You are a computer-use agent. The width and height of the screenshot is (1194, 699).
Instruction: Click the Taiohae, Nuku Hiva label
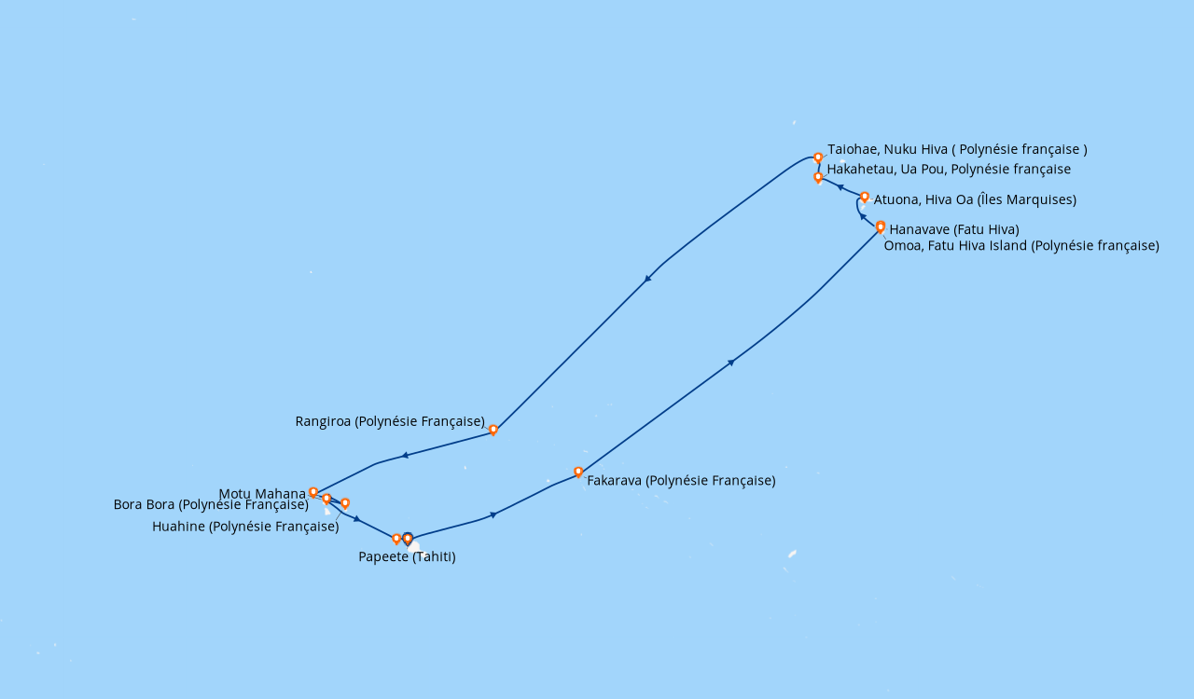[x=957, y=149]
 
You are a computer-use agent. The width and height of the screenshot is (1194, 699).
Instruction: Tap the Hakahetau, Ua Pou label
[x=949, y=170]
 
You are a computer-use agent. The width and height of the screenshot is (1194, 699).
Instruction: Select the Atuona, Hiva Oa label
[x=975, y=199]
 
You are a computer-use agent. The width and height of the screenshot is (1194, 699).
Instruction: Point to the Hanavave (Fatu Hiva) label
[x=954, y=229]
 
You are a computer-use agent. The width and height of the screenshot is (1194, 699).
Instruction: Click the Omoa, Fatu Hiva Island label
[x=1021, y=246]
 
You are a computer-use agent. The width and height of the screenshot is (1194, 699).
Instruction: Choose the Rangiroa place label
[x=390, y=421]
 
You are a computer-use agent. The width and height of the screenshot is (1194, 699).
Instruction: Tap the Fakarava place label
[x=681, y=481]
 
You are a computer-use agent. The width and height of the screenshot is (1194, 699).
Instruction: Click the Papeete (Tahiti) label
[x=407, y=557]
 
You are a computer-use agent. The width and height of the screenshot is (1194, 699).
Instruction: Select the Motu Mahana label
[x=262, y=494]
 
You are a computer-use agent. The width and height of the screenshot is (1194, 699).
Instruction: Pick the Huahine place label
[x=245, y=527]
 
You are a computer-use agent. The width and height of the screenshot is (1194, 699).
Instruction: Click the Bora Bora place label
[x=211, y=505]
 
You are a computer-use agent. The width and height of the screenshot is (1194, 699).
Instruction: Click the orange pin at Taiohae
[x=818, y=158]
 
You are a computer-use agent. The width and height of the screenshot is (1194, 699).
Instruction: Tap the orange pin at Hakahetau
[x=818, y=177]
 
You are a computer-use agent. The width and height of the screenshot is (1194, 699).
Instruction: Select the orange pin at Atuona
[x=865, y=197]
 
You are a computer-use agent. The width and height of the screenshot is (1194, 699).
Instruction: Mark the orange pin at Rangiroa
[x=493, y=430]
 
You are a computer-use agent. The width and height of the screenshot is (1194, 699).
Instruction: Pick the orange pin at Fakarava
[x=578, y=472]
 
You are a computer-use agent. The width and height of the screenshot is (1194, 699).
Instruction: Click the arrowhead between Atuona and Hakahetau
[x=840, y=187]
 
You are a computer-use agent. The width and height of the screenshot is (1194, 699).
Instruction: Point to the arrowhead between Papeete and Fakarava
[x=493, y=514]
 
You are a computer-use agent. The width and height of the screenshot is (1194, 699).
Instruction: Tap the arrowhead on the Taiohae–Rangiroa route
[x=647, y=278]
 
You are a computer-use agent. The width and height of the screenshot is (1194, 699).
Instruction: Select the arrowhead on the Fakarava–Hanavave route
[x=731, y=362]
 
